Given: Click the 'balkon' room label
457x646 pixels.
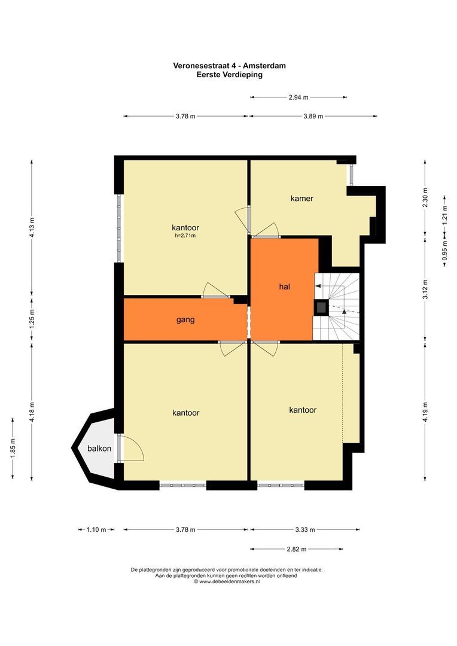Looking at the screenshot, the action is point(99,448).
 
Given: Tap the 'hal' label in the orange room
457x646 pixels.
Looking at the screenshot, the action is point(284,287).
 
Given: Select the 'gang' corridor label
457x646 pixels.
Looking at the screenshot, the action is point(185,319).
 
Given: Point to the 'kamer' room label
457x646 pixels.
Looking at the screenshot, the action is point(302,198).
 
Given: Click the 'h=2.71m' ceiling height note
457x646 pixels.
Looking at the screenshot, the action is point(185,236).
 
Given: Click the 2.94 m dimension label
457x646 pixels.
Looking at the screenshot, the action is point(298,97).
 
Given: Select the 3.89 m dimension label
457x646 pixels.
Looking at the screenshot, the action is point(313,116).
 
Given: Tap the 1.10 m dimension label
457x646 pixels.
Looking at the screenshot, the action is point(96,530).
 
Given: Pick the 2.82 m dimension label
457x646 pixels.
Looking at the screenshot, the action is point(297,549).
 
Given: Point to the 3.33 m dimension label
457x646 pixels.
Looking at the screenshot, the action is point(305,530).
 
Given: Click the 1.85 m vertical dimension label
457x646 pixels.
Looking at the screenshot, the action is point(13,448).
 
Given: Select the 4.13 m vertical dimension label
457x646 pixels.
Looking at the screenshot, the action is point(32,227).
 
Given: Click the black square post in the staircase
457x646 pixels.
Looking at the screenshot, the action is point(321,307).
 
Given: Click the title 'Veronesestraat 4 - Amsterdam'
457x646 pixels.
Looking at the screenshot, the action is point(230,66).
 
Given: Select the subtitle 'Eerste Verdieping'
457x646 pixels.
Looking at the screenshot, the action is point(230,75).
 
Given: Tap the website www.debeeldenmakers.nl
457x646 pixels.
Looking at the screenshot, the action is point(230,581).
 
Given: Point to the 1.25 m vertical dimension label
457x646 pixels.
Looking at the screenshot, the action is point(32,319).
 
